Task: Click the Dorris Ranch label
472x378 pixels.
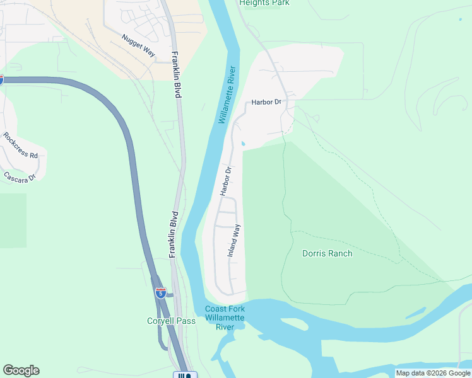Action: pos(327,253)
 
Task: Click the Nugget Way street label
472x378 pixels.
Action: pos(138,47)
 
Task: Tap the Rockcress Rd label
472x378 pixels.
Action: pos(20,146)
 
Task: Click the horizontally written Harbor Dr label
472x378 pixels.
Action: pos(266,102)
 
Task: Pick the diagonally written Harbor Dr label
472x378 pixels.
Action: pos(226,181)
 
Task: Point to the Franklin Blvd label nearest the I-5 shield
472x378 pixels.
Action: pos(174,234)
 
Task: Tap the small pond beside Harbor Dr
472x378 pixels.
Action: pos(244,144)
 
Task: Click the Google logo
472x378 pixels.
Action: pos(21,370)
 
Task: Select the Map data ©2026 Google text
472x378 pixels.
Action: pos(433,373)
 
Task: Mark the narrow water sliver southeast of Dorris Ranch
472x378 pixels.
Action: pos(415,312)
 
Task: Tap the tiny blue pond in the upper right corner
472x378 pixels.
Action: pos(460,19)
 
